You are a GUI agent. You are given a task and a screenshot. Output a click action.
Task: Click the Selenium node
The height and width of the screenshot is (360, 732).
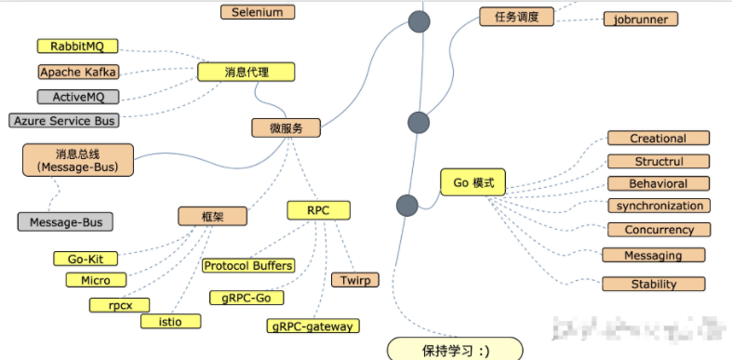pyautogui.click(x=258, y=12)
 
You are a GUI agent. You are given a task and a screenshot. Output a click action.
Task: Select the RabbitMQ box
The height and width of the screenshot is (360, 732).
pyautogui.click(x=77, y=46)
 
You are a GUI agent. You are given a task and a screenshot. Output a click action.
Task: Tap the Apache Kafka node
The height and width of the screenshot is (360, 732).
pyautogui.click(x=79, y=72)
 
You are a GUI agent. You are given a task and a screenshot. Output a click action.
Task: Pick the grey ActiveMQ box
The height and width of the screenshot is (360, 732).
pyautogui.click(x=78, y=97)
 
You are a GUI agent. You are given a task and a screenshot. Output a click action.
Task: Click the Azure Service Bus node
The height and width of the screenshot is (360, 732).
pyautogui.click(x=65, y=121)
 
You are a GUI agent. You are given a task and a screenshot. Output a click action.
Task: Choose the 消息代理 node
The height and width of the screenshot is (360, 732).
pyautogui.click(x=246, y=72)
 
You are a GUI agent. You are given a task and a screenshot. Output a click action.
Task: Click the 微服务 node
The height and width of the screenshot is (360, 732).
pyautogui.click(x=286, y=127)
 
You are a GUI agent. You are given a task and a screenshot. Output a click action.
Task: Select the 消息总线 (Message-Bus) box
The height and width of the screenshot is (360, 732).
pyautogui.click(x=77, y=159)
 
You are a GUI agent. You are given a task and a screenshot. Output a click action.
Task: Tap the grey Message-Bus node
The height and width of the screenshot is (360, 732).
pyautogui.click(x=65, y=222)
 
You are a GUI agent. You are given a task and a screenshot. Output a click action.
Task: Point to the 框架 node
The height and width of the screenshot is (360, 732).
pyautogui.click(x=212, y=216)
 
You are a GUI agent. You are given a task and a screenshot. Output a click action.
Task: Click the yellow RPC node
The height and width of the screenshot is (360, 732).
pyautogui.click(x=319, y=210)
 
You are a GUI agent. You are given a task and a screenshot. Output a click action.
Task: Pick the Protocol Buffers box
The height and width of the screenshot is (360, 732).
pyautogui.click(x=248, y=266)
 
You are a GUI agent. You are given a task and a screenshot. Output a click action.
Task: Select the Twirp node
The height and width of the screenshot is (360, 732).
pyautogui.click(x=354, y=279)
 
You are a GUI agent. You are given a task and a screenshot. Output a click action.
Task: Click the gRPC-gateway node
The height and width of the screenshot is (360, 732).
pyautogui.click(x=313, y=326)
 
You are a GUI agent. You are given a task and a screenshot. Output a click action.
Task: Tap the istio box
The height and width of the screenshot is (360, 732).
pyautogui.click(x=169, y=321)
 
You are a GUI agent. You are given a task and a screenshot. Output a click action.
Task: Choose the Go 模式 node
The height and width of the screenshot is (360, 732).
pyautogui.click(x=472, y=182)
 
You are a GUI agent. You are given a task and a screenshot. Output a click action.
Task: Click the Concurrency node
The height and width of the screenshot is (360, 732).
pyautogui.click(x=659, y=230)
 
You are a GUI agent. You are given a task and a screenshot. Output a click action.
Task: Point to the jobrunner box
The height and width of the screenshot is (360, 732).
pyautogui.click(x=641, y=19)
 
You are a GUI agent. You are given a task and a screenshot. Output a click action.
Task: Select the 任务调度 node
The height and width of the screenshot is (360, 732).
pyautogui.click(x=515, y=16)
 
